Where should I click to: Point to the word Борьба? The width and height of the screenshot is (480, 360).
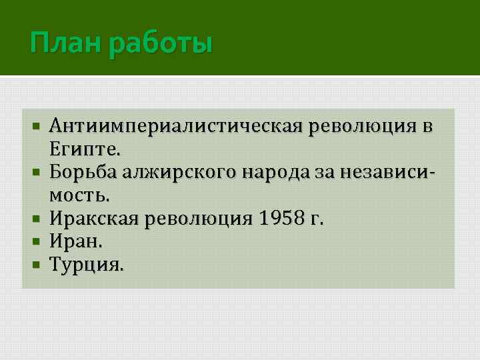tap(84, 171)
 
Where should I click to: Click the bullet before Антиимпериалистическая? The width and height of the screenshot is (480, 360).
tap(36, 125)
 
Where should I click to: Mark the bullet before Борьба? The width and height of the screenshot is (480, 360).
tap(36, 172)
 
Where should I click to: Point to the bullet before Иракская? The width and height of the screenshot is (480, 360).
tap(36, 219)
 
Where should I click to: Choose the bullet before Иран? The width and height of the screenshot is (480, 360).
tap(36, 242)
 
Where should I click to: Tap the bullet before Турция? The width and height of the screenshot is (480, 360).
tap(36, 265)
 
